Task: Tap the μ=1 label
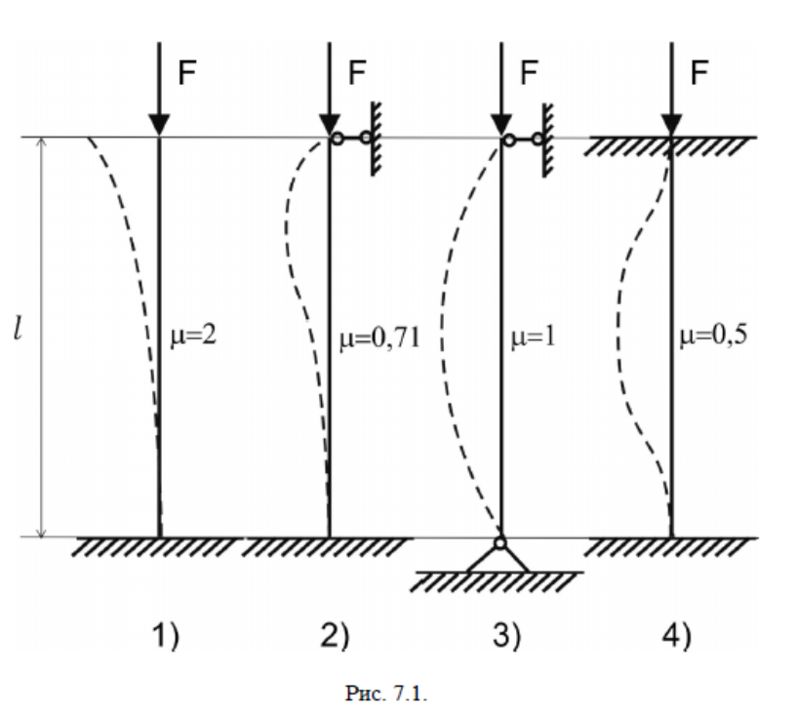532,338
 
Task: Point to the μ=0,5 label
709,338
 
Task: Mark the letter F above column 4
699,73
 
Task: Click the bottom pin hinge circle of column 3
499,543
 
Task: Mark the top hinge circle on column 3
507,140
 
